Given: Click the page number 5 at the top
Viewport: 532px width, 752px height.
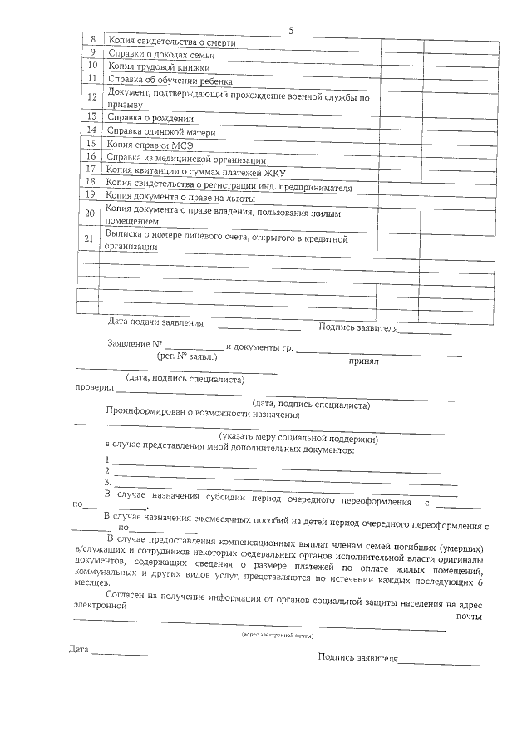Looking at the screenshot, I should click(x=291, y=31).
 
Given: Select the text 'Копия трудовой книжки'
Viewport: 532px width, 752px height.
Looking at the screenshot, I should click(x=159, y=67).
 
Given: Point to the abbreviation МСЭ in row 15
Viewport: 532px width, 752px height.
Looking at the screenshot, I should click(x=180, y=145).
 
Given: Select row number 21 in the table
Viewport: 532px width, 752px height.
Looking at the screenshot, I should click(x=90, y=242).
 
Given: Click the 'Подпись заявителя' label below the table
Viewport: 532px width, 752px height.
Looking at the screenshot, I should click(x=358, y=327).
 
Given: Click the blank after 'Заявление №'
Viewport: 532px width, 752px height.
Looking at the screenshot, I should click(x=194, y=345).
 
